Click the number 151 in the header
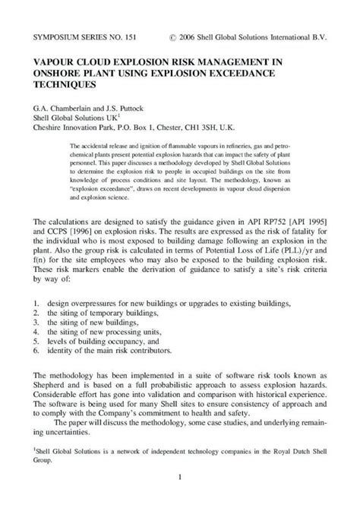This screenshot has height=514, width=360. [x=122, y=36]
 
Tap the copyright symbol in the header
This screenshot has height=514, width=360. [x=176, y=36]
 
